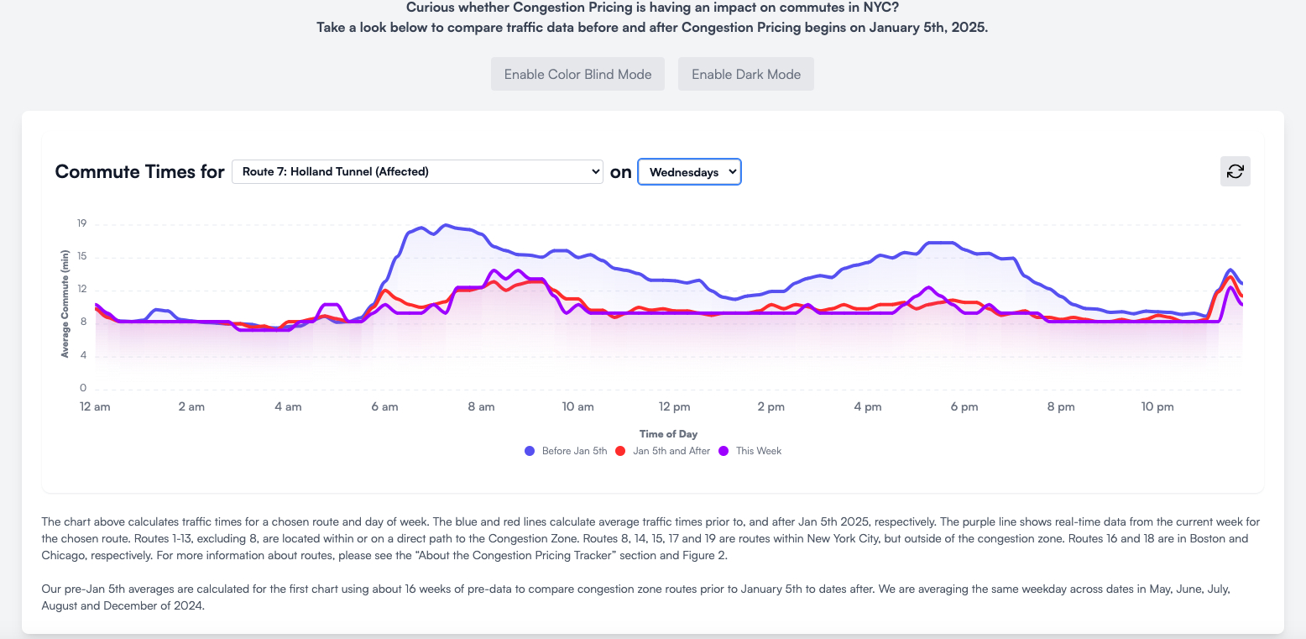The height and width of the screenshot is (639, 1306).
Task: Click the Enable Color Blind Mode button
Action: tap(577, 74)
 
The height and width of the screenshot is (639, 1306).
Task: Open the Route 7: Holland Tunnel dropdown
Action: tap(417, 172)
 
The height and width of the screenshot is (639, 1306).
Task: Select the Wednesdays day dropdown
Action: tap(689, 172)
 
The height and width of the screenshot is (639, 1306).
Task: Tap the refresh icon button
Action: tap(1235, 171)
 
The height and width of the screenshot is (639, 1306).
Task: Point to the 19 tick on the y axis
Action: tap(82, 224)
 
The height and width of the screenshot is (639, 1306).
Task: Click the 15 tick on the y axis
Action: tap(82, 257)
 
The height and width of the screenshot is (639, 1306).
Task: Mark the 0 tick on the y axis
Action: tap(83, 389)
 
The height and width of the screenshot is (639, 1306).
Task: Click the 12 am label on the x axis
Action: tap(95, 407)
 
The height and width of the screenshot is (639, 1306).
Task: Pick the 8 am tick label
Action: tap(481, 407)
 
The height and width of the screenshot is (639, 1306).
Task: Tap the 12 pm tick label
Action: tap(675, 407)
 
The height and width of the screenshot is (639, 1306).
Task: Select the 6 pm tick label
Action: tap(964, 407)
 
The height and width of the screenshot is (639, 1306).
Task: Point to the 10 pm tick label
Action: tap(1157, 407)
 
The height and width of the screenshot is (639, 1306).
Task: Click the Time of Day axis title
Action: tap(668, 434)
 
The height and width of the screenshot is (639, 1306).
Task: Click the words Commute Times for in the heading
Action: tap(139, 172)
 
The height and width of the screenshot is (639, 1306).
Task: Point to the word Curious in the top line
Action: tap(432, 8)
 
